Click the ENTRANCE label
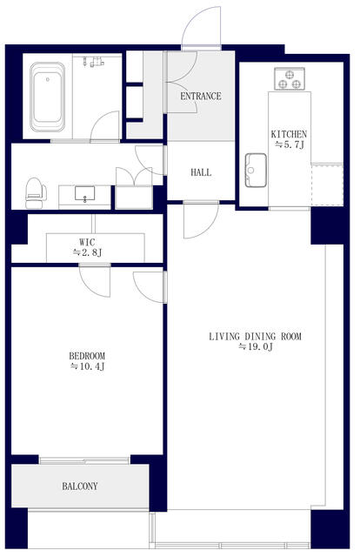[x=201, y=96]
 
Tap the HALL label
[x=201, y=172]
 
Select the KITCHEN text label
[x=289, y=134]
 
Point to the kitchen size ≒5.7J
[x=290, y=144]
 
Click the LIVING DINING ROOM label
[x=256, y=337]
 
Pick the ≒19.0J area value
[x=256, y=347]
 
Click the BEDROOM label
[x=87, y=356]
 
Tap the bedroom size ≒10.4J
[x=87, y=366]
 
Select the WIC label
[x=87, y=242]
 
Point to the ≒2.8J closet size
[x=87, y=252]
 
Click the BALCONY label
[x=80, y=487]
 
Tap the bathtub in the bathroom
[x=48, y=97]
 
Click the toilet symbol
[x=36, y=193]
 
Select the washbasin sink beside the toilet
[x=85, y=194]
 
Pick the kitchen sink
[x=256, y=171]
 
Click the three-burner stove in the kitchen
[x=290, y=79]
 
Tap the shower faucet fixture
[x=94, y=62]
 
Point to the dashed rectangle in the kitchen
[x=327, y=185]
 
